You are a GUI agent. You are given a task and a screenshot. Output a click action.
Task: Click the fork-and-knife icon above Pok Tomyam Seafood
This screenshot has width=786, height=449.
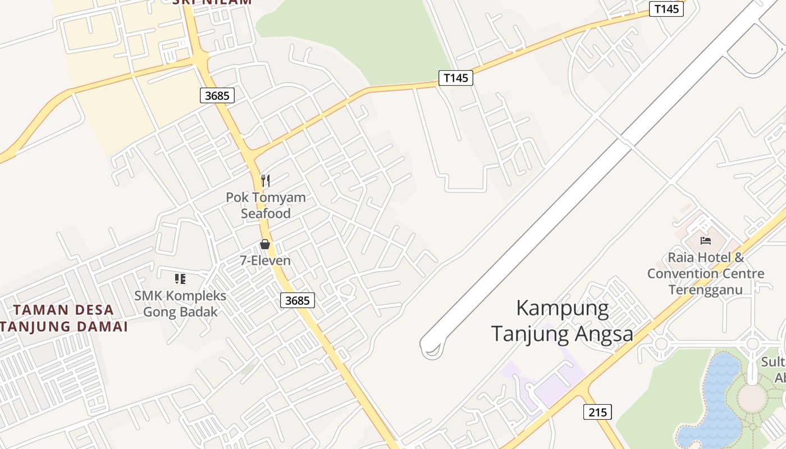tap(266, 180)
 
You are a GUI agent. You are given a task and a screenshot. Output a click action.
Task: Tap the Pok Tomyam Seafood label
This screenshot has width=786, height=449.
tap(266, 205)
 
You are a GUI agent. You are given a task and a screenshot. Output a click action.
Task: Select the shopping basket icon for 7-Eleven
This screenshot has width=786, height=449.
tap(265, 244)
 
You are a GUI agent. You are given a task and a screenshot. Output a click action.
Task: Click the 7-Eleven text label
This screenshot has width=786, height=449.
tap(266, 260)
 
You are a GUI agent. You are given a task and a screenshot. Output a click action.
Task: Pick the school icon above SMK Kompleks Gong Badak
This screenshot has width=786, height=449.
tap(180, 278)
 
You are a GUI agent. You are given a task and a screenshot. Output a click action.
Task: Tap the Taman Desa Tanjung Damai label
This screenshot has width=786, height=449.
tap(63, 318)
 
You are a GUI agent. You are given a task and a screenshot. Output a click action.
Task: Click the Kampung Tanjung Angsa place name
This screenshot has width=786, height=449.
tap(562, 321)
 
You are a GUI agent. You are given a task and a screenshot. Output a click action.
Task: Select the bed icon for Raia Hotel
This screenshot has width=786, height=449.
tap(706, 241)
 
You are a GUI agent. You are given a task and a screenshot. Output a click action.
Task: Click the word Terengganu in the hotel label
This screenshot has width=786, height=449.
tap(706, 290)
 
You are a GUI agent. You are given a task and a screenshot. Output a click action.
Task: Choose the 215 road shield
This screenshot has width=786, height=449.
tap(597, 412)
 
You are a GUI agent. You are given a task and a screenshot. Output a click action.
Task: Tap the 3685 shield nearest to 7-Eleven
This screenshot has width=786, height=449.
tap(297, 300)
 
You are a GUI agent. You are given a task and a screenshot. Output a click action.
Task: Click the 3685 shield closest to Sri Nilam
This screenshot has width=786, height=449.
tap(217, 95)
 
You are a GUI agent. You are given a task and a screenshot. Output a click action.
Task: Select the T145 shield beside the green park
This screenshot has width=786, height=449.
tap(455, 77)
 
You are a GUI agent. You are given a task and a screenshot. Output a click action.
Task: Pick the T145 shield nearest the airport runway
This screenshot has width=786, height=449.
tap(666, 8)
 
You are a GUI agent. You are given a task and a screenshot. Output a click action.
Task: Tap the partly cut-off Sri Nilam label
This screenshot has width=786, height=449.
tap(212, 2)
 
